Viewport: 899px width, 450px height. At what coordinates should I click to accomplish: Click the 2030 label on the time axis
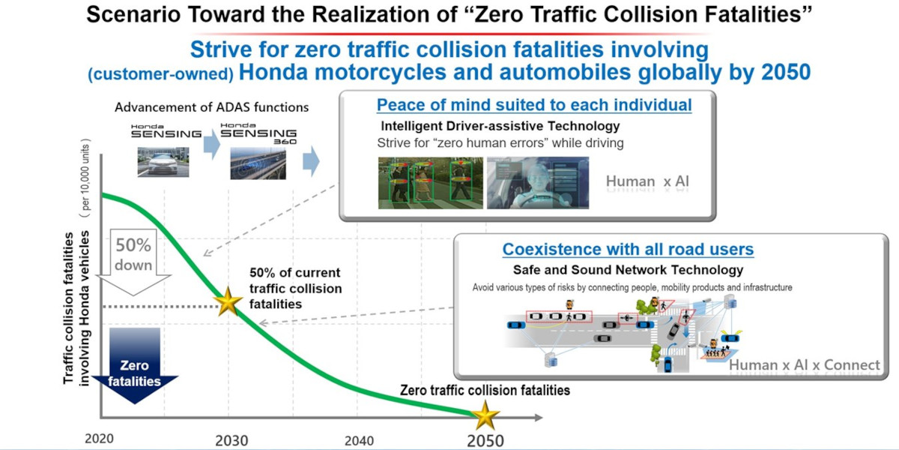(231, 441)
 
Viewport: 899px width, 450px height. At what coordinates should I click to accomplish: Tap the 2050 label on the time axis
(485, 441)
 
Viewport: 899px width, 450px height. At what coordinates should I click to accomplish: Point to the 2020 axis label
(99, 438)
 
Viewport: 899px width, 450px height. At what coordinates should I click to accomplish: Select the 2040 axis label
(359, 441)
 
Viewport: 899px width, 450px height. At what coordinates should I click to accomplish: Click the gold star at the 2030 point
(228, 301)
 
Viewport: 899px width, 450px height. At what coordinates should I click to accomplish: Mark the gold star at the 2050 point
(485, 415)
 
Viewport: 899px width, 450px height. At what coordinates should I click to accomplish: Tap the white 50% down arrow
(133, 262)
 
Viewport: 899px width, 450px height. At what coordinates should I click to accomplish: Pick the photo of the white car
(163, 162)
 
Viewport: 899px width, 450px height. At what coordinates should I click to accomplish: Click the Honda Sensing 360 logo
(258, 133)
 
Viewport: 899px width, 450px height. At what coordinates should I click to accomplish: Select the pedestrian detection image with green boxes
(431, 183)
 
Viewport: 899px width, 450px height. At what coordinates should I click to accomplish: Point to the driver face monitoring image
(538, 183)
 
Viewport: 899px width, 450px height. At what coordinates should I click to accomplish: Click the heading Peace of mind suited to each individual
(534, 105)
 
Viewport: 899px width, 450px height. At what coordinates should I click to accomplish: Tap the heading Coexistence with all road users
(628, 249)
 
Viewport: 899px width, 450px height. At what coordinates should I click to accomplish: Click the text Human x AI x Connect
(805, 364)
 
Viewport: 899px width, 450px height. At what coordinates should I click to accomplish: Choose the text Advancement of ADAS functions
(211, 107)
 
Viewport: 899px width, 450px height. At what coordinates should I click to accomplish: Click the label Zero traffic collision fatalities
(485, 390)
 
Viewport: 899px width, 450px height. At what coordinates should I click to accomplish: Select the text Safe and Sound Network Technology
(628, 270)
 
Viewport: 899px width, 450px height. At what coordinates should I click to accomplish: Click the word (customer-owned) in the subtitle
(160, 74)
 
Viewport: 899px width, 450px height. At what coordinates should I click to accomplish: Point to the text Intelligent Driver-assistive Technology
(500, 126)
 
